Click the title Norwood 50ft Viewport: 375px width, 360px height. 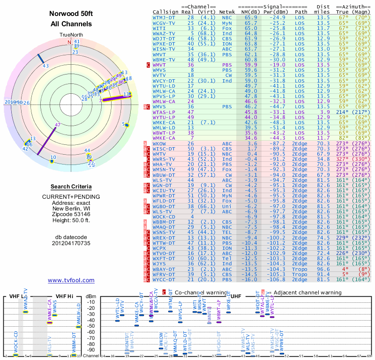(71, 15)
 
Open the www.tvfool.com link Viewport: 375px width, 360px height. (71, 280)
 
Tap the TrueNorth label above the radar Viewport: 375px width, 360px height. (71, 35)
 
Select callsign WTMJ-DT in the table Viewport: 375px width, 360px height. (164, 17)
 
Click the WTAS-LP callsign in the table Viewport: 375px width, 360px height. (164, 112)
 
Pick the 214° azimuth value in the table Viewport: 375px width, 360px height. (348, 112)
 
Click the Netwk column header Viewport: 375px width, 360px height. (227, 11)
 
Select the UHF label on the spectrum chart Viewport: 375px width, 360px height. (237, 296)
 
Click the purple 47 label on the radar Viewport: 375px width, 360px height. (58, 125)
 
